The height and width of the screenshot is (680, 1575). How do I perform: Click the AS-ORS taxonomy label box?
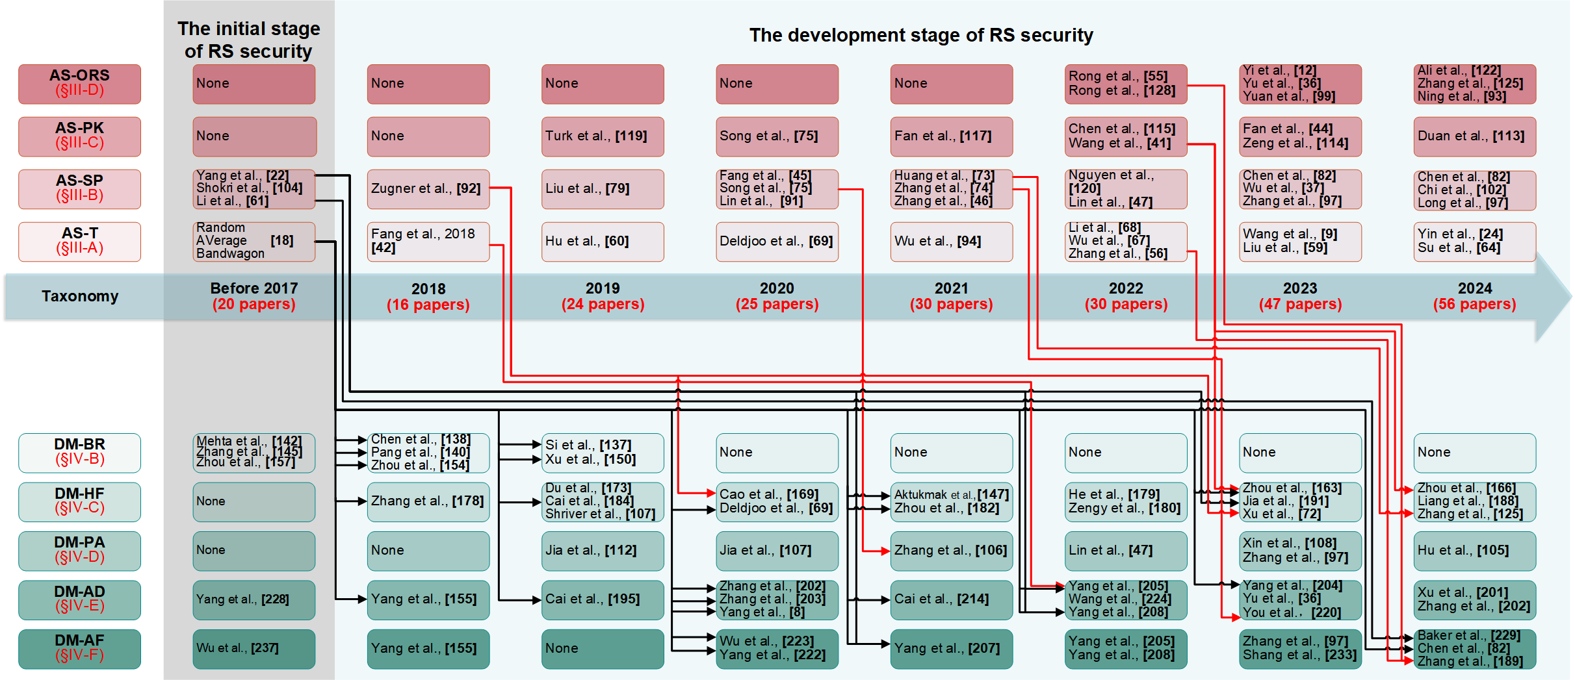point(79,83)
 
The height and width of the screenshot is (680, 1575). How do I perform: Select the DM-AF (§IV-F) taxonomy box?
point(79,648)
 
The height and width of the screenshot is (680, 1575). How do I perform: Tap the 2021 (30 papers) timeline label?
point(951,296)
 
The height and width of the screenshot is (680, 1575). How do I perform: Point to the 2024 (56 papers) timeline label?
point(1474,296)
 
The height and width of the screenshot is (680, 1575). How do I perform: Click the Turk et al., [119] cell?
point(602,136)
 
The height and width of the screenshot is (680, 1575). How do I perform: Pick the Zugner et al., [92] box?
point(428,189)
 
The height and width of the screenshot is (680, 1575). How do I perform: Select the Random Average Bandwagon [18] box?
point(254,241)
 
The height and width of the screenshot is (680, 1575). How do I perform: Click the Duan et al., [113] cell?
point(1474,136)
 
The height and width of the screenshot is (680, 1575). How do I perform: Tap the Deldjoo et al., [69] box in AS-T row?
point(777,241)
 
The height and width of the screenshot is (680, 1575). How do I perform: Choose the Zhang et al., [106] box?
point(951,550)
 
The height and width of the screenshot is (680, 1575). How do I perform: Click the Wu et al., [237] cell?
point(254,648)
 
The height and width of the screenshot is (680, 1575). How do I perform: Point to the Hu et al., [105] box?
point(1474,550)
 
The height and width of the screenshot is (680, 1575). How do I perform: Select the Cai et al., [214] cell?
point(951,599)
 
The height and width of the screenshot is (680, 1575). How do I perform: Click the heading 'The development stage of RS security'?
point(920,35)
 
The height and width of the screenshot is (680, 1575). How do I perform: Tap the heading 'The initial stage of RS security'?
point(249,40)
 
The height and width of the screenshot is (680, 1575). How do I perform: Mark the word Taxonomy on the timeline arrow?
point(80,296)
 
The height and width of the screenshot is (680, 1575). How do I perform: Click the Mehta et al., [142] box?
point(254,452)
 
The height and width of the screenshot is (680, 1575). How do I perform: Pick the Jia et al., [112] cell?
point(602,550)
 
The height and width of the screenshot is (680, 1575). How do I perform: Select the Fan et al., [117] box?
point(951,136)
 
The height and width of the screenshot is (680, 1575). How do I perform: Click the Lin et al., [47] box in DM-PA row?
point(1125,550)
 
